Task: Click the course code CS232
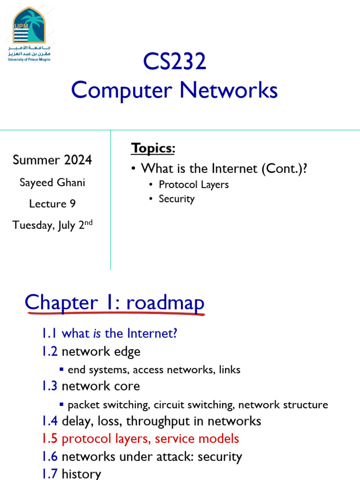174,62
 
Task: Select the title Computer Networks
174,90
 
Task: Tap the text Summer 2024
52,160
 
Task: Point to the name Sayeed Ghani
52,182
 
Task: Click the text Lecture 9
52,204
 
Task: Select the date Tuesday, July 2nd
52,225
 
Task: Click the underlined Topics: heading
153,148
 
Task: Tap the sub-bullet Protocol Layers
194,185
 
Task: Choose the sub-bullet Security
176,199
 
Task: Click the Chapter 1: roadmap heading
115,303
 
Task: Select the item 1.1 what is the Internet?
109,334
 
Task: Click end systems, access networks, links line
154,370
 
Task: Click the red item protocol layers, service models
150,439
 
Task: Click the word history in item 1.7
81,474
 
